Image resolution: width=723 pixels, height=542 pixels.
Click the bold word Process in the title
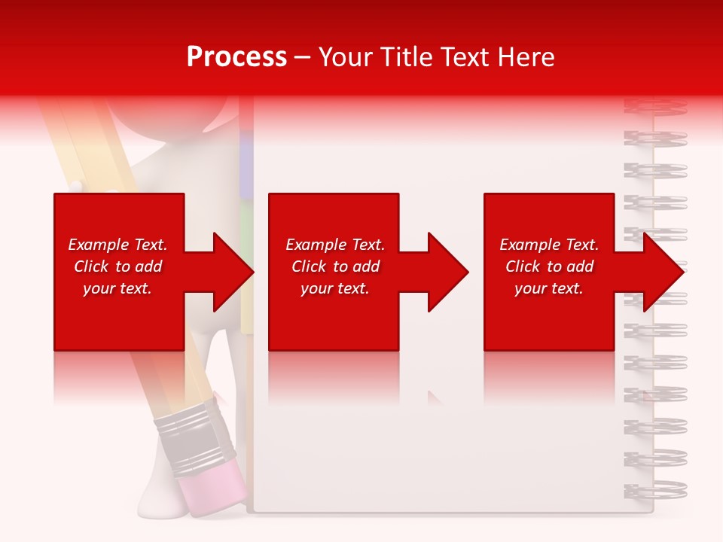(236, 57)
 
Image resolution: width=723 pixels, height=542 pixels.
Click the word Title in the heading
(403, 57)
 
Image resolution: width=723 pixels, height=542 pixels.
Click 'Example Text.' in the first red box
(117, 245)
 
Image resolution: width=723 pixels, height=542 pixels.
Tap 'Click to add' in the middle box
(335, 266)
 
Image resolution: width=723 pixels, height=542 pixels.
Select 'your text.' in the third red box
(549, 288)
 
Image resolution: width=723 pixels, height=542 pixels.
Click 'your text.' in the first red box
(117, 288)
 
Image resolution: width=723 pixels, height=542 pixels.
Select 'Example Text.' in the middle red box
(335, 245)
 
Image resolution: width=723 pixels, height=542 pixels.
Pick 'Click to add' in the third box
(549, 266)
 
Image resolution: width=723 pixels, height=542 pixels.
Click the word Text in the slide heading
(466, 57)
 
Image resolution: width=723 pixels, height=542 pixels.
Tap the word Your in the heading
(346, 57)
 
